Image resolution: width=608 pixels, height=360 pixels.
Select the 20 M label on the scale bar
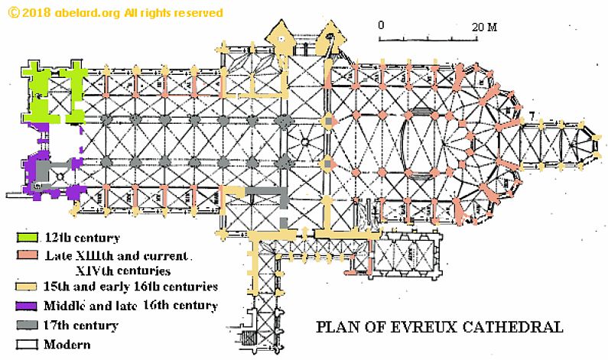point(484,27)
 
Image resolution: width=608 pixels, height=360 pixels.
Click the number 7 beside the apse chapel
point(531,115)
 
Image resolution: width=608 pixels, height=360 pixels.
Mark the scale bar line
point(432,38)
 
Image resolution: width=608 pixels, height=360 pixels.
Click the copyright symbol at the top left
point(10,13)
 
